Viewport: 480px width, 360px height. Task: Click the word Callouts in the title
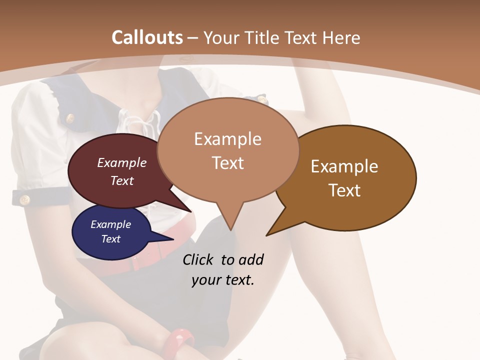click(x=147, y=37)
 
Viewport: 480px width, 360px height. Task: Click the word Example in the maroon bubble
click(x=122, y=163)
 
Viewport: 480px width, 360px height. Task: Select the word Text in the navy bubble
click(x=111, y=239)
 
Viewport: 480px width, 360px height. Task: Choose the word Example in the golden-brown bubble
click(x=344, y=166)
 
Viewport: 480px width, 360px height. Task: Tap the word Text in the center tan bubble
click(x=228, y=163)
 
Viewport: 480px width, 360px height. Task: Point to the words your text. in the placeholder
click(x=223, y=280)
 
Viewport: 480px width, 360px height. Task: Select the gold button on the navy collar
click(x=69, y=118)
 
